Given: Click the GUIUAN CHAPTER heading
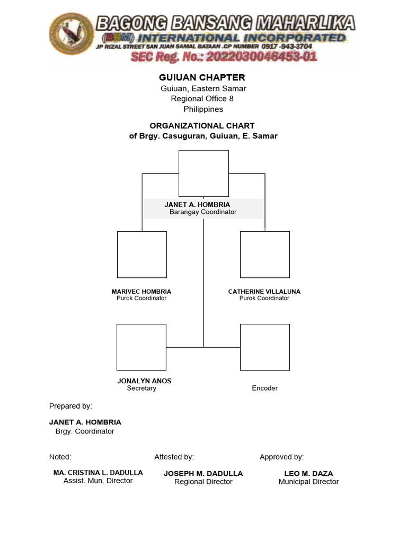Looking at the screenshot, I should coord(203,77).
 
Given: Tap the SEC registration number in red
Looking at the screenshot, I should coord(224,57).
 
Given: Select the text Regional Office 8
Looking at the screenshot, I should coord(203,98).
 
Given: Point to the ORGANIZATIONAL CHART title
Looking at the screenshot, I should coord(202,125).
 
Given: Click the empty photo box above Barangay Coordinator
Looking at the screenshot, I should coord(203,174).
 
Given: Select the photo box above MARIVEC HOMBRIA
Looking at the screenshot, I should coord(141,255).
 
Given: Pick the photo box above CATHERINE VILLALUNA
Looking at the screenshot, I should coord(265,255).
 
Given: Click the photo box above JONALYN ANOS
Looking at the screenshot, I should coord(141,347).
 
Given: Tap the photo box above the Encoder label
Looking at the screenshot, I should coord(265,347).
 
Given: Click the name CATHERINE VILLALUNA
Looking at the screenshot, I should coord(264,292).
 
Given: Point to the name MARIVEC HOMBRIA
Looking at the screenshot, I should coord(141,292).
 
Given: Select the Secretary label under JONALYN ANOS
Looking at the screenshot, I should coord(141,388).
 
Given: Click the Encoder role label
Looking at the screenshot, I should coord(264,388).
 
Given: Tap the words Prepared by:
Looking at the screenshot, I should coord(70,406).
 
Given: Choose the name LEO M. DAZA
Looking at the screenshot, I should coord(308,473).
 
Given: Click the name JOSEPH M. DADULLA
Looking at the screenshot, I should coord(203,473).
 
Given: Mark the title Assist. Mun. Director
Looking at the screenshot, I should coord(98,481).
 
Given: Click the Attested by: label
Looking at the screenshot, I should coord(174,457).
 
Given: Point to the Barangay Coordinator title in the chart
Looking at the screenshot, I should coord(203,212).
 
